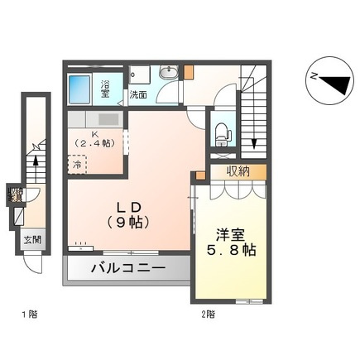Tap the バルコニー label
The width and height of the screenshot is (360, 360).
[x=128, y=269]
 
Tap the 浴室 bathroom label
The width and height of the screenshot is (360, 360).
[x=106, y=86]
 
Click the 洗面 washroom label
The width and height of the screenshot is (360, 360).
[x=138, y=95]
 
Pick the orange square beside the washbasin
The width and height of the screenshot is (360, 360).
[x=190, y=71]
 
